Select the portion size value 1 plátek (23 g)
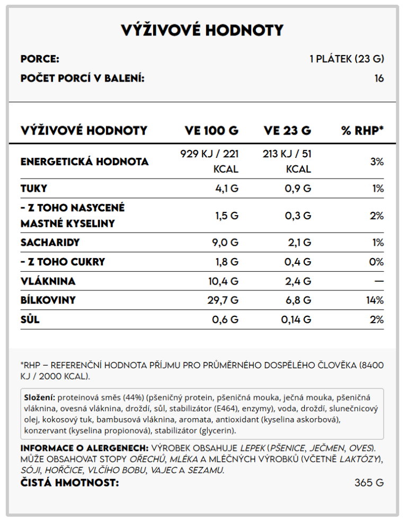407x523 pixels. click(347, 59)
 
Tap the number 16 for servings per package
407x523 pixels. click(379, 78)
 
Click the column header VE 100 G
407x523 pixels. click(211, 130)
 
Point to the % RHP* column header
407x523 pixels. click(362, 130)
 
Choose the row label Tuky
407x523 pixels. click(34, 188)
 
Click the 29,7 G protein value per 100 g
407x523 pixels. click(223, 300)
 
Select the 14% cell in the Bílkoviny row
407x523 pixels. click(375, 300)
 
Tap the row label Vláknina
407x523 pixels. click(48, 281)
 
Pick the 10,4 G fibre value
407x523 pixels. click(223, 281)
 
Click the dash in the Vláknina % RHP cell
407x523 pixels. click(378, 281)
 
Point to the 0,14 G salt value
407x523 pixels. click(296, 320)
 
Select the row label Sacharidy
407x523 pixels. click(50, 243)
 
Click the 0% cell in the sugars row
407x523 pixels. click(376, 262)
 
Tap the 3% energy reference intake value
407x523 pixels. click(377, 162)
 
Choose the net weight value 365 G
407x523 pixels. click(369, 483)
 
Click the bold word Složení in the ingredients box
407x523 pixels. click(40, 397)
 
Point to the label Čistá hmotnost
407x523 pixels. click(69, 483)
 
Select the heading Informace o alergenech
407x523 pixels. click(84, 448)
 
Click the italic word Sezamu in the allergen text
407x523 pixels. click(207, 470)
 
